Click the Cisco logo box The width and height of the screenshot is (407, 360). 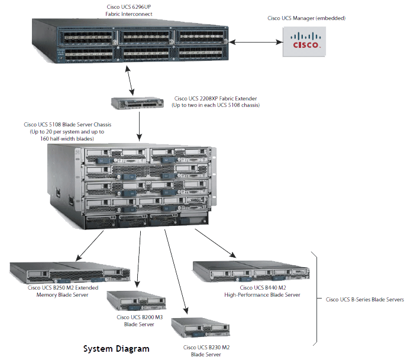[x=304, y=41]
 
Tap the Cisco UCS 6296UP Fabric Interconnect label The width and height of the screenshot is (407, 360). [x=129, y=11]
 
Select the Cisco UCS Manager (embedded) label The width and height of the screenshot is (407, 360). [x=306, y=18]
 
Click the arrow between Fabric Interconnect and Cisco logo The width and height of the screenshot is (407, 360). [x=256, y=42]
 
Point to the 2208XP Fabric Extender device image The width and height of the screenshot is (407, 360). [x=137, y=103]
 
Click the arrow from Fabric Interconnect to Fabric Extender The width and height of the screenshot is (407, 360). [x=130, y=80]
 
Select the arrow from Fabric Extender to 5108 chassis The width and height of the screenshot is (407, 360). [x=140, y=127]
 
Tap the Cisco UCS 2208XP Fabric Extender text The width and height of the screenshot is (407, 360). [x=215, y=102]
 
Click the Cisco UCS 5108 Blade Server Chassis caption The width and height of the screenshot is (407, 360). [x=67, y=131]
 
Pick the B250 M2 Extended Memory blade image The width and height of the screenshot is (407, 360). [x=70, y=273]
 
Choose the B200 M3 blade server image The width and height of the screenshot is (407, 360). [x=136, y=301]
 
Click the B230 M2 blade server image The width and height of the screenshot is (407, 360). [x=201, y=327]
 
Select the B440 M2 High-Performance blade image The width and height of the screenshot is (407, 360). [x=251, y=271]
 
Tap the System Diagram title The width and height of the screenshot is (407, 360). [x=117, y=349]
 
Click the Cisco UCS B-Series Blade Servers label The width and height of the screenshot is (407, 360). [x=364, y=300]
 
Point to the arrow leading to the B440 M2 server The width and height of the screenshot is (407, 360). [x=215, y=244]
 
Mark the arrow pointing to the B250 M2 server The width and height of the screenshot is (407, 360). [x=89, y=246]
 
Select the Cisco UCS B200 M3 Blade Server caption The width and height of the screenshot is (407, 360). [x=140, y=320]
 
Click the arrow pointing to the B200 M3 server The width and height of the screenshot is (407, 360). [x=139, y=260]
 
